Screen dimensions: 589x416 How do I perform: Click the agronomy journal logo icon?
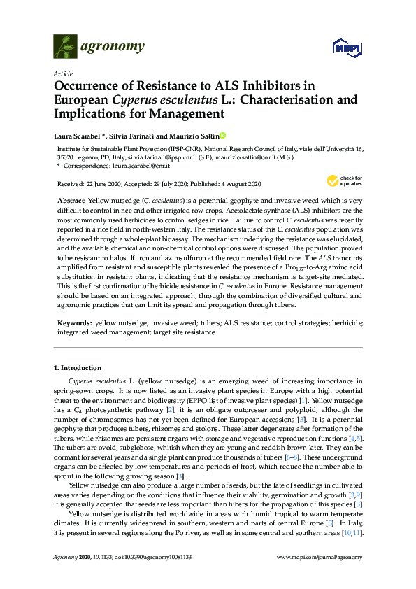65,46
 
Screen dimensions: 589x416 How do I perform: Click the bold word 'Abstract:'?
72,200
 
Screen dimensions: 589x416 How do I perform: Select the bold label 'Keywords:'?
73,325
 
